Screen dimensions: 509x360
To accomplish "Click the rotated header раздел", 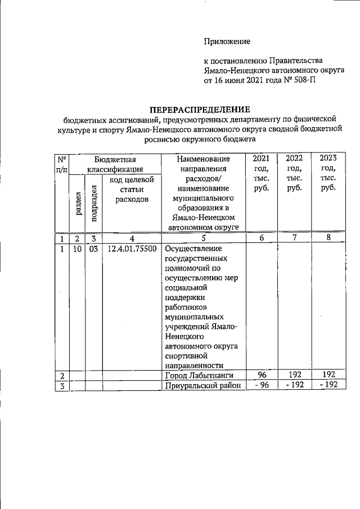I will pyautogui.click(x=76, y=204).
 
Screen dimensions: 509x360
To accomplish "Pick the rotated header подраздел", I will pyautogui.click(x=94, y=204).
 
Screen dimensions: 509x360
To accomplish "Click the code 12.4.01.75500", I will pyautogui.click(x=131, y=249).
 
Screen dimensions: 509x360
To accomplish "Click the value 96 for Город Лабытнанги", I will pyautogui.click(x=260, y=375).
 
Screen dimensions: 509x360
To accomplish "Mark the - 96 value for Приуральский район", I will pyautogui.click(x=260, y=385).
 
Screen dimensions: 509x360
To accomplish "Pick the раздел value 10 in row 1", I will pyautogui.click(x=76, y=249).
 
